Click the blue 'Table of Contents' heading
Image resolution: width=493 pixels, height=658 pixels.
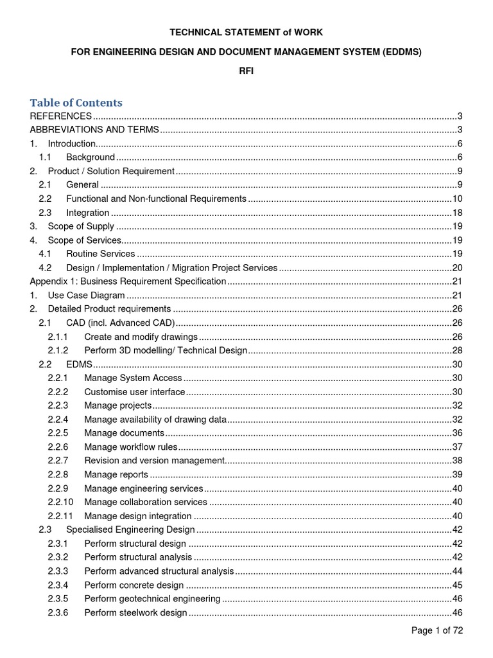tap(76, 103)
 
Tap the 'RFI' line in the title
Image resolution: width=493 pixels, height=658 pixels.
tap(246, 71)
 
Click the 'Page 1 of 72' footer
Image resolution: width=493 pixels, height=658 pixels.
tap(437, 630)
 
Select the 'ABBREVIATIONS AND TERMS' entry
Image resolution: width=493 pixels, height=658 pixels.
tap(94, 130)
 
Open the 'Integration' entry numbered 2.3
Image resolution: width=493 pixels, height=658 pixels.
tap(87, 213)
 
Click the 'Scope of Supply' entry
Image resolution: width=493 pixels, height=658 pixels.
tap(81, 226)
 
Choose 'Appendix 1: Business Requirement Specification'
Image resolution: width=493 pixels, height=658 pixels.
tap(128, 281)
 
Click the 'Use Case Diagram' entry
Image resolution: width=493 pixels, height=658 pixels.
tap(86, 295)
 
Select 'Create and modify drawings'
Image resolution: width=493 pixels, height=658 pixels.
tap(141, 337)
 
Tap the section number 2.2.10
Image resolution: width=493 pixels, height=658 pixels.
tap(60, 502)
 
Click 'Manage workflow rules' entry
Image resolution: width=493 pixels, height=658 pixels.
tap(130, 447)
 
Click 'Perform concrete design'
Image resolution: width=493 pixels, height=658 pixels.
tap(134, 585)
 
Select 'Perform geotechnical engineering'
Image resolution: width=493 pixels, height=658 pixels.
tap(152, 599)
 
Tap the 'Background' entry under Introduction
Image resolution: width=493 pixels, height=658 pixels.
tap(91, 157)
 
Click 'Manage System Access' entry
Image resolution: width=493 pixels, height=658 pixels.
tap(133, 378)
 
